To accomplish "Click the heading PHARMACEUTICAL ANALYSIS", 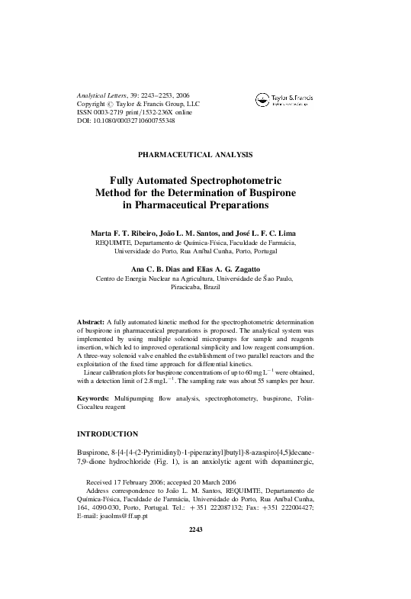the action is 205,154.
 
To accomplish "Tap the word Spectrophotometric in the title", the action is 242,180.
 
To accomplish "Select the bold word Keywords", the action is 94,398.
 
